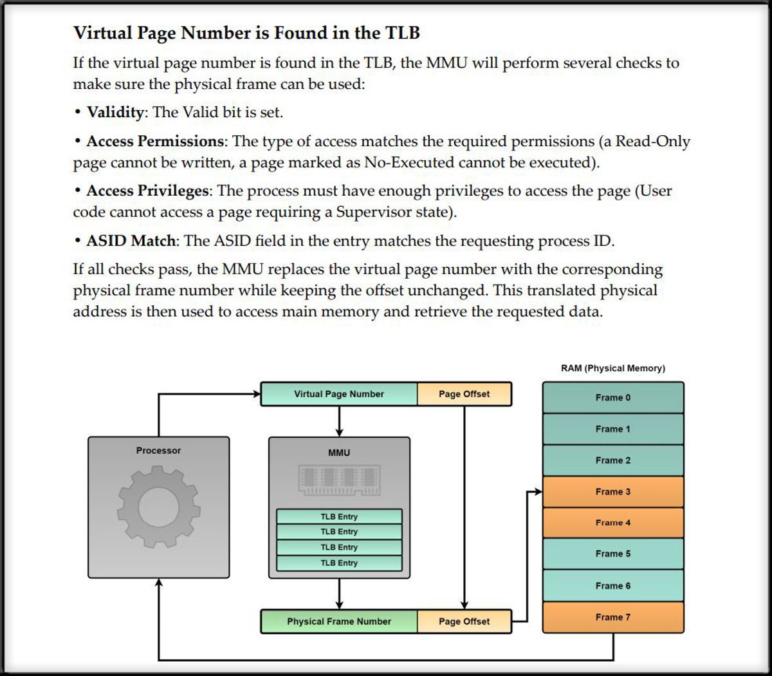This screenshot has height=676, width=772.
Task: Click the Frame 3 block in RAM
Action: point(612,492)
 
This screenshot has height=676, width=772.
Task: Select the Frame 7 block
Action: point(612,617)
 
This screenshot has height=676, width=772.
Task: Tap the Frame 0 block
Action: point(612,398)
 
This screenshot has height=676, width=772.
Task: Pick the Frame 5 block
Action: point(612,554)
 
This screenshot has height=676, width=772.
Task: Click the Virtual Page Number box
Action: point(338,394)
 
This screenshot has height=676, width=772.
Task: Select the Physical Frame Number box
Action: point(338,621)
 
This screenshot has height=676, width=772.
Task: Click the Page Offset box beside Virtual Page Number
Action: point(464,394)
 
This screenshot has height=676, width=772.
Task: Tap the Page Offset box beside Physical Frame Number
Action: point(464,621)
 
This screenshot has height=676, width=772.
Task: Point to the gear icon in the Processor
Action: point(158,507)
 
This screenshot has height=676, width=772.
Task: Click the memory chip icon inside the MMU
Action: point(339,480)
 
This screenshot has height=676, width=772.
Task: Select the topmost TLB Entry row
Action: point(339,516)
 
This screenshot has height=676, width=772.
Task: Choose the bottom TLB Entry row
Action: point(339,563)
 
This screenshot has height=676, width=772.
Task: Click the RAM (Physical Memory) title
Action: point(612,368)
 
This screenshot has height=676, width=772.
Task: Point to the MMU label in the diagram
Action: point(339,453)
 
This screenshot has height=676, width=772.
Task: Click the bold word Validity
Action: point(115,112)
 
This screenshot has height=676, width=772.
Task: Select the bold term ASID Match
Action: point(131,241)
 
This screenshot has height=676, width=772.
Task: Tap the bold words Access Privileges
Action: point(147,191)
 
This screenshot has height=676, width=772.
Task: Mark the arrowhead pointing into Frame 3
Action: point(538,492)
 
